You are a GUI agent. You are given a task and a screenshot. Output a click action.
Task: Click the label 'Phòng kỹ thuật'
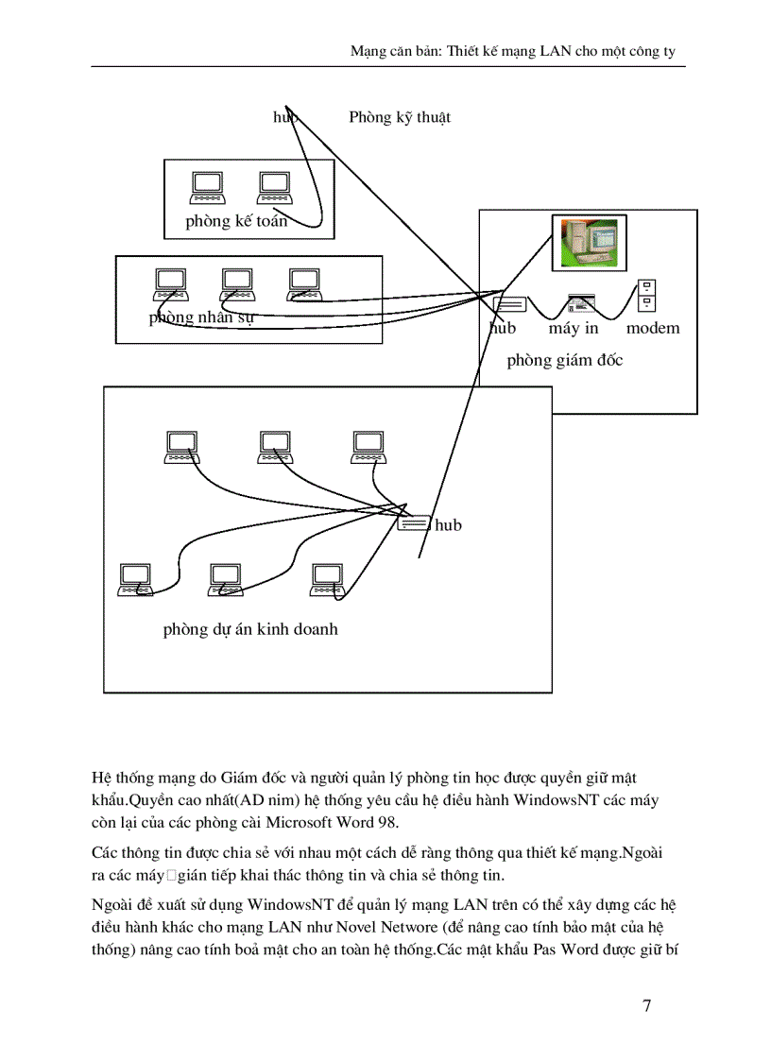point(400,117)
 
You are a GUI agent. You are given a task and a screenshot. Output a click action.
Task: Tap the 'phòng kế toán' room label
point(236,221)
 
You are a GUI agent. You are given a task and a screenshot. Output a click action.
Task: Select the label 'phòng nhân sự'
point(201,317)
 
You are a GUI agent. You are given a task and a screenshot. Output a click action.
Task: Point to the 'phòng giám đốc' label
point(565,360)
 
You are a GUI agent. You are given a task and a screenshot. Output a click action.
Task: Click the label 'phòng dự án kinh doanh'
point(250,629)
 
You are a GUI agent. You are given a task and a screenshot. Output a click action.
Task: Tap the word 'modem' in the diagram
point(653,329)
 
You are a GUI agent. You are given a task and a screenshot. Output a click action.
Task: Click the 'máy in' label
point(574,329)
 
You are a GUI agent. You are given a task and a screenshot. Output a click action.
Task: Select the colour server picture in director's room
point(584,242)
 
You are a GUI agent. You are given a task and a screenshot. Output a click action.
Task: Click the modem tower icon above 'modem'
point(646,296)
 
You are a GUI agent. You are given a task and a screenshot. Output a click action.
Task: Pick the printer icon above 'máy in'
point(581,303)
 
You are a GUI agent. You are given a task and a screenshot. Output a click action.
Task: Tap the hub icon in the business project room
point(413,524)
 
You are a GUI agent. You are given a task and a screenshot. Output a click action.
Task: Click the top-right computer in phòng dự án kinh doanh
point(368,447)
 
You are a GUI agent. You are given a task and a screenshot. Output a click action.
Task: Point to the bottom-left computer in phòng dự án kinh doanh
point(135,579)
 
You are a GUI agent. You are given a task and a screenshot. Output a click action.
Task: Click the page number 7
point(646,1005)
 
